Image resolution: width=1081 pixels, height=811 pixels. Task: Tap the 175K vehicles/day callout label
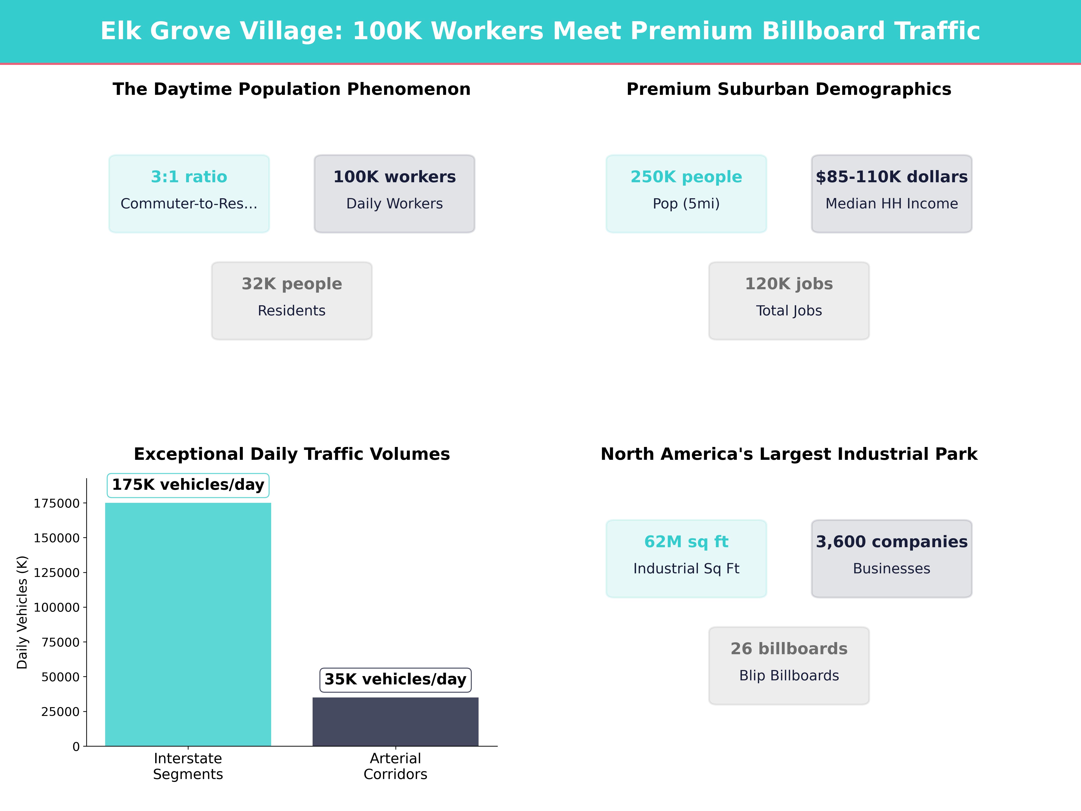pos(188,485)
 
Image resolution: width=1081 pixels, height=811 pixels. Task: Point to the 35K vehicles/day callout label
pos(395,679)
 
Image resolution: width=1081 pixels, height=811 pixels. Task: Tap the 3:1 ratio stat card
pos(189,194)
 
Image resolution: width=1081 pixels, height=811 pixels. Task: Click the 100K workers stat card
pos(394,194)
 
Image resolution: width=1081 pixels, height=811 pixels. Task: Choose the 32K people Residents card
pos(292,301)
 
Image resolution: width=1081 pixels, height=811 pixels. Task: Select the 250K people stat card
pos(686,194)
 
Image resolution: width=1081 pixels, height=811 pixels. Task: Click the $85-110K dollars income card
pos(891,194)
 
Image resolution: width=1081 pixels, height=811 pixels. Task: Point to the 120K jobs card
pos(789,301)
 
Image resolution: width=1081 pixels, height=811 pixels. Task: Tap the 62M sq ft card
pos(686,558)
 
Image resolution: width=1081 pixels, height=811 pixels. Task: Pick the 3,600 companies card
pos(891,558)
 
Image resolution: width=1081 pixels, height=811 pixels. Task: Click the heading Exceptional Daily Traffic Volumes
pos(292,454)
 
